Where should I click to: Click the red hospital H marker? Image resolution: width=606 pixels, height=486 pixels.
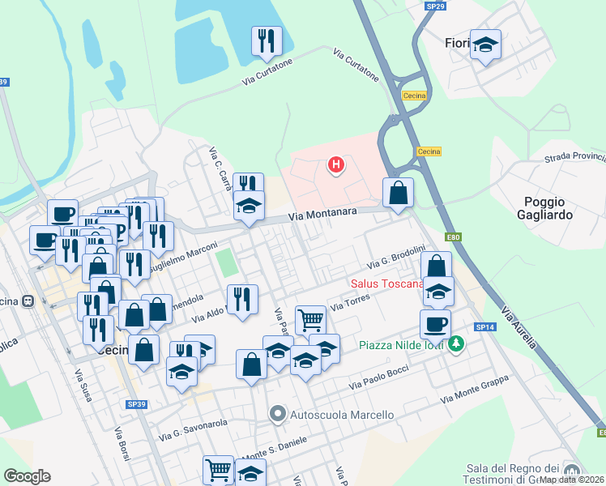tap(335, 166)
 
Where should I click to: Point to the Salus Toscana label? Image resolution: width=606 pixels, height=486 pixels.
tap(387, 283)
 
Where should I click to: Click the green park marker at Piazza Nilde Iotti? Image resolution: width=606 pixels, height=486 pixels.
tap(457, 345)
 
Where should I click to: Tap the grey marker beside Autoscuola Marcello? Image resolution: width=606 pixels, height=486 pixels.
tap(278, 415)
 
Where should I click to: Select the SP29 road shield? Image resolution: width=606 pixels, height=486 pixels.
tap(435, 6)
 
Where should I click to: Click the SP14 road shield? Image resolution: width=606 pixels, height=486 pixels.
tap(484, 326)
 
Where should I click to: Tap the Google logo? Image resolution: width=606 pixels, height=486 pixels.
tap(27, 476)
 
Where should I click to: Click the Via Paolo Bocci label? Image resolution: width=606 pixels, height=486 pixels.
tap(378, 382)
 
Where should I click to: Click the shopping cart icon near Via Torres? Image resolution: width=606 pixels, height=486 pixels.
tap(310, 319)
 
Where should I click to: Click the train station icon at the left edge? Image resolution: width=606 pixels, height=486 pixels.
tap(28, 301)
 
